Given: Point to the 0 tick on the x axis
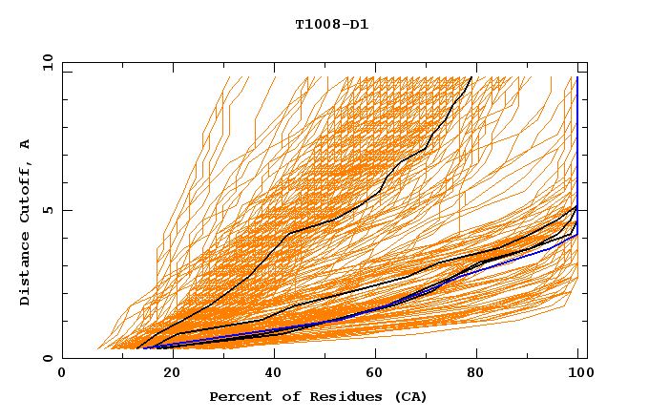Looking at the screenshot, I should [x=63, y=373].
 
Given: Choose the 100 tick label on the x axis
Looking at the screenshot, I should [x=578, y=373].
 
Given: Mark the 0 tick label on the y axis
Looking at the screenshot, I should [x=48, y=359].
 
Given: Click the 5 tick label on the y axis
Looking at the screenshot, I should [x=48, y=211].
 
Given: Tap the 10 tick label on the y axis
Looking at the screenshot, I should [x=45, y=63].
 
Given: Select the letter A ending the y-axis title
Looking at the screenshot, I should [x=26, y=143].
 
